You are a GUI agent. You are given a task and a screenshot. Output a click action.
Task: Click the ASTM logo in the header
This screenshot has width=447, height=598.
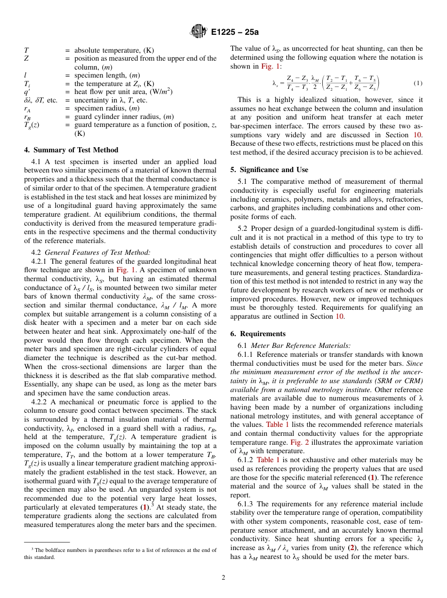click(198, 32)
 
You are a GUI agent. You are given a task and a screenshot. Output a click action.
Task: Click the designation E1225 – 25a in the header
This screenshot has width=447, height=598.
click(235, 32)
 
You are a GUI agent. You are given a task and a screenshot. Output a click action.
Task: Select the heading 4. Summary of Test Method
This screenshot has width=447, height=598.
click(71, 150)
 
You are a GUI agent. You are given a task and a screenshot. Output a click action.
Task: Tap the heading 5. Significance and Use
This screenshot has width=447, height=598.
click(269, 170)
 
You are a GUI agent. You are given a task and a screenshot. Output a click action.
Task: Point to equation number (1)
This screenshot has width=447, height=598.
click(418, 83)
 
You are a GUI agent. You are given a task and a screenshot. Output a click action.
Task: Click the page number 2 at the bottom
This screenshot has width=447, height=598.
click(223, 577)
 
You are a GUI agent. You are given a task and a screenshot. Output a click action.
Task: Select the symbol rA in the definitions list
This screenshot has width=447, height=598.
click(28, 109)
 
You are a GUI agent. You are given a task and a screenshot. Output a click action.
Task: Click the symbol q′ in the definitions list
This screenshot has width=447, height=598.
click(27, 92)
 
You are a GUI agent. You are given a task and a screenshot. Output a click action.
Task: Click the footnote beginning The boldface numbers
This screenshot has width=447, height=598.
click(120, 553)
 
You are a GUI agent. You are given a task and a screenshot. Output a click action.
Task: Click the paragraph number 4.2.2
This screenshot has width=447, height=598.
click(40, 402)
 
